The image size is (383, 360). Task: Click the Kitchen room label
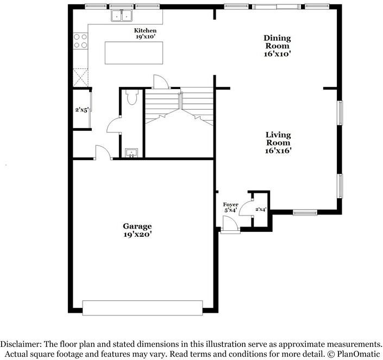click(145, 30)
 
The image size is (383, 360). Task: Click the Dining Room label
click(277, 42)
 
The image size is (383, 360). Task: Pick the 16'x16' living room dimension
click(278, 151)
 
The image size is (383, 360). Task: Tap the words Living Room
click(278, 138)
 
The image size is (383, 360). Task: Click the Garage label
click(137, 226)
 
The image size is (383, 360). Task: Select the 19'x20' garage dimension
click(137, 235)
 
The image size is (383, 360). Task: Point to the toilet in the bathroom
click(131, 97)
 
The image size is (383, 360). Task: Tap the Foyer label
click(231, 204)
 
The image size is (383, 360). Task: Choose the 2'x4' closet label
click(261, 209)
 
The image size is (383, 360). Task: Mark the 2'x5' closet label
click(81, 110)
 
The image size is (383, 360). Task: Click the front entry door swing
click(230, 223)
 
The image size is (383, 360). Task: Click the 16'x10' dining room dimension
click(277, 54)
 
